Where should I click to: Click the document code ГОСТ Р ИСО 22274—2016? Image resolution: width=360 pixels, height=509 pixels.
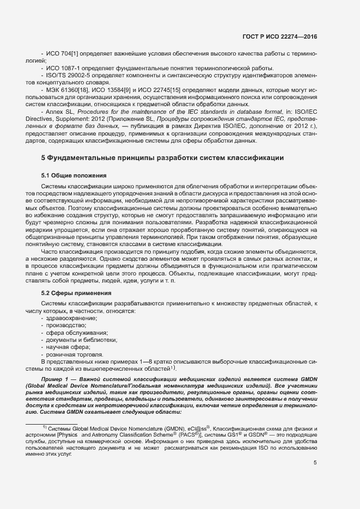(x=279, y=37)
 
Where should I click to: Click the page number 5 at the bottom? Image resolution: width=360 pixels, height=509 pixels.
(x=315, y=463)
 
